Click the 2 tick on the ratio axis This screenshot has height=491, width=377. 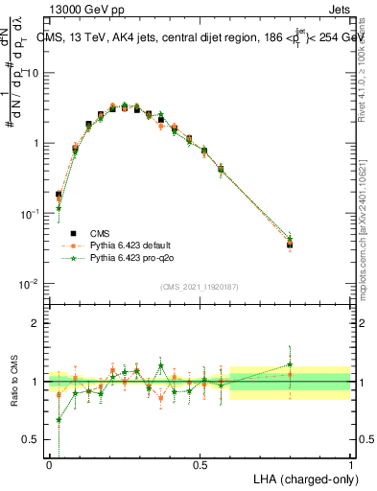tap(35, 323)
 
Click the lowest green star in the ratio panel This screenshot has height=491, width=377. tap(59, 419)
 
